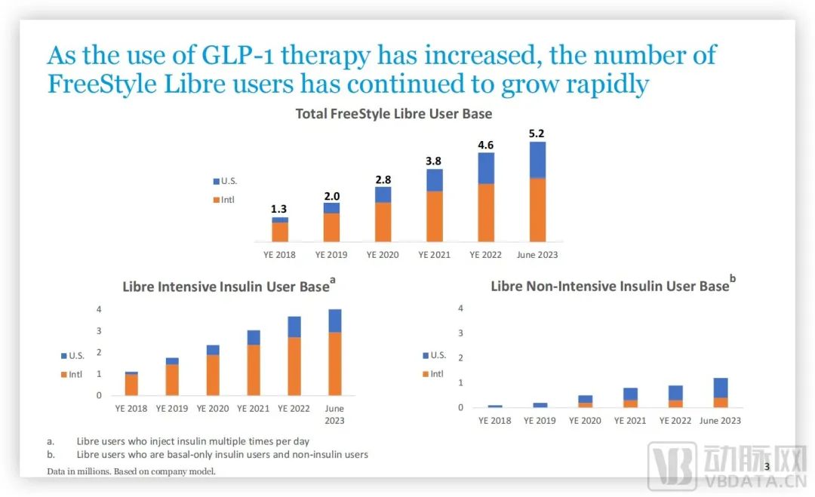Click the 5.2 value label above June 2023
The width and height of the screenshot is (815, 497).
coord(537,133)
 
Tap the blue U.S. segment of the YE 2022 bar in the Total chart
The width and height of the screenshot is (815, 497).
coord(486,167)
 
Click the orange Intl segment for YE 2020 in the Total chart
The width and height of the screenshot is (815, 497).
coord(383,222)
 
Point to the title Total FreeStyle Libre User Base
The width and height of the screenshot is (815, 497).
coord(393,115)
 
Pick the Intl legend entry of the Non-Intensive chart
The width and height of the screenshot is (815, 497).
coord(433,374)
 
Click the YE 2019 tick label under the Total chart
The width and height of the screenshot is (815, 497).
coord(331,255)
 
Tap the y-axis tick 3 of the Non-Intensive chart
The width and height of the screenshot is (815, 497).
coord(460,333)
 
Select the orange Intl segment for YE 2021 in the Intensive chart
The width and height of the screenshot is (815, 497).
coord(254,370)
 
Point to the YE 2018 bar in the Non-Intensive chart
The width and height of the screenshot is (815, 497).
coord(495,406)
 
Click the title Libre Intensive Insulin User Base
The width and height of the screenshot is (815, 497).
coord(226,287)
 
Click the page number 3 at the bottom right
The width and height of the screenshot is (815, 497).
coord(767,468)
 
